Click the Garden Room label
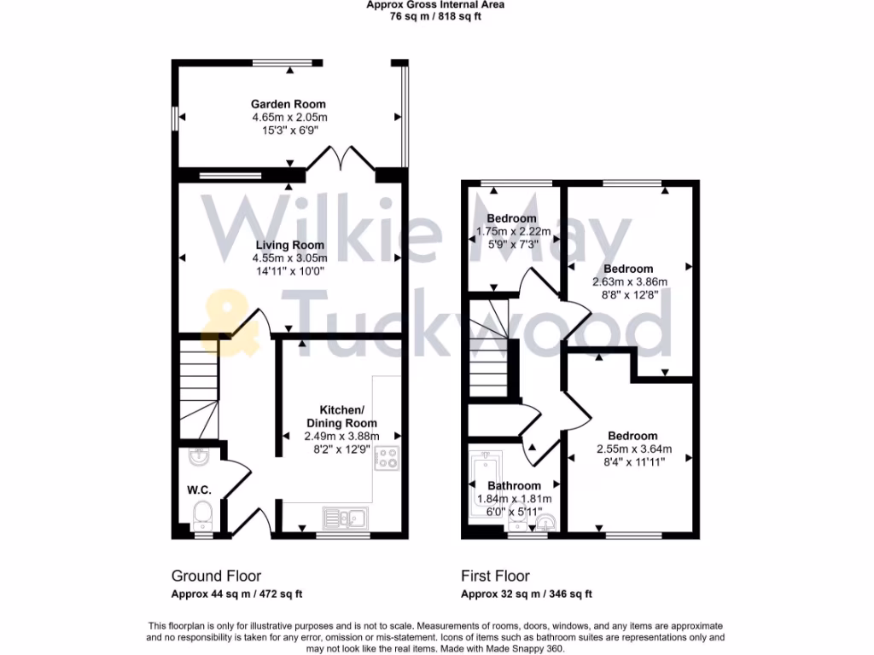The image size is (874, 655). [288, 104]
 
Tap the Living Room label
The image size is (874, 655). [288, 245]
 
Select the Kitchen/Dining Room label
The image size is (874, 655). [341, 416]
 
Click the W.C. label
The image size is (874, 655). [199, 490]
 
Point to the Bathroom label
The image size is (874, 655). [514, 486]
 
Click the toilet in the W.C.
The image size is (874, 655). [202, 515]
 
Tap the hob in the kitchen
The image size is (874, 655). [387, 457]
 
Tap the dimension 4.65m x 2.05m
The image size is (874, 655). [289, 117]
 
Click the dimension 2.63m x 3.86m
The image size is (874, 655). [630, 281]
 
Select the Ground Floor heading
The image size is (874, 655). [216, 576]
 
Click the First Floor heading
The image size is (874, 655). [495, 576]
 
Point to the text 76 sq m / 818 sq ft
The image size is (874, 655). [435, 16]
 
